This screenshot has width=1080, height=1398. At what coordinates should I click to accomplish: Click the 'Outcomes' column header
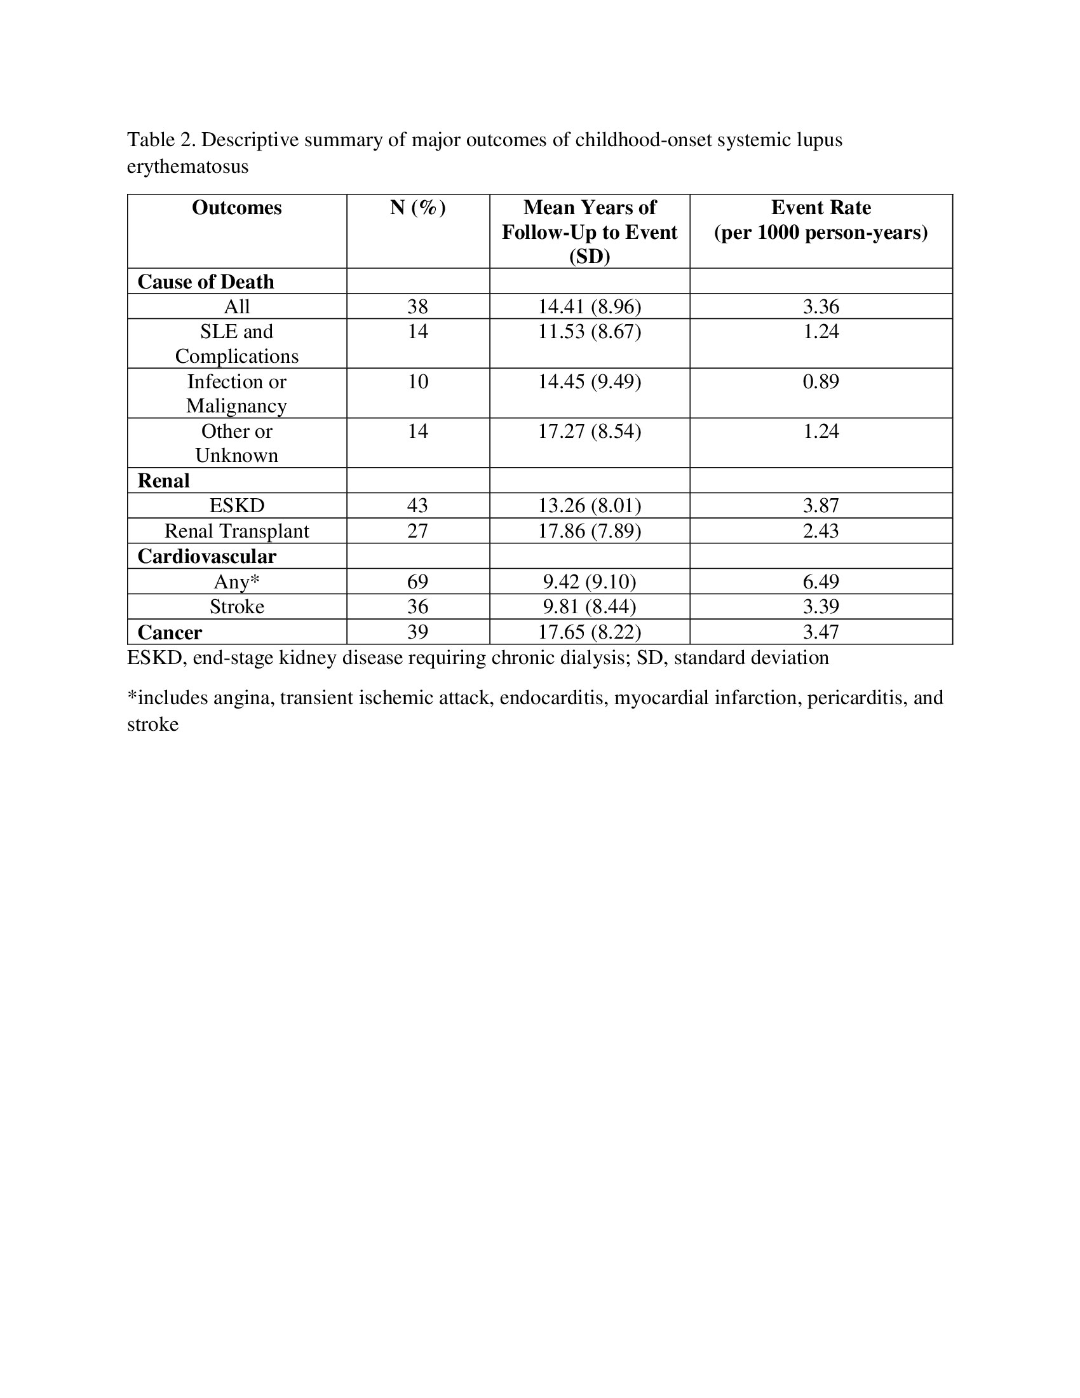[x=236, y=208]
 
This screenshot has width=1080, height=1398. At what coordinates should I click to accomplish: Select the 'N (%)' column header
[x=417, y=208]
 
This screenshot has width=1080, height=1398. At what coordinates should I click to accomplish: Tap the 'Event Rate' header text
[x=820, y=208]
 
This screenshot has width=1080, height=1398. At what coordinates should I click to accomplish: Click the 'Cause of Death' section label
[x=205, y=282]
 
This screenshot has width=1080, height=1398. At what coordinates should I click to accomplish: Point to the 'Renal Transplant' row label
[x=236, y=531]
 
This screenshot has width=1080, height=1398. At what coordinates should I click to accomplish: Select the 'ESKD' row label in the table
[x=236, y=506]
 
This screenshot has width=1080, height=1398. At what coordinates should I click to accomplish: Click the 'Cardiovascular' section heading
[x=206, y=556]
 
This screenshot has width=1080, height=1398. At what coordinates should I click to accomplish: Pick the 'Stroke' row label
[x=236, y=606]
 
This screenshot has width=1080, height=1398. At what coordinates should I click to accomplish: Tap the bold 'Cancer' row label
[x=170, y=632]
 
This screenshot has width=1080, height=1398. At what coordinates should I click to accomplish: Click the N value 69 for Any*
[x=417, y=581]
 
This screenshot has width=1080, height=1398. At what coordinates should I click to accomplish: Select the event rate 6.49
[x=820, y=581]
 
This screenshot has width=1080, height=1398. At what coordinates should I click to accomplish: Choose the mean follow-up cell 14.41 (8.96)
[x=589, y=307]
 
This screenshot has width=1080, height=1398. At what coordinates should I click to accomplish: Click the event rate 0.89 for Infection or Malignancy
[x=820, y=381]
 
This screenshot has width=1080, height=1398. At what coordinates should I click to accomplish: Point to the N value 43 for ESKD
[x=417, y=506]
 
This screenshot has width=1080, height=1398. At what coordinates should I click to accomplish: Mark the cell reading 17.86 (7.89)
[x=589, y=531]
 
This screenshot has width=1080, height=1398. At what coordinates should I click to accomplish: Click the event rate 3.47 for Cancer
[x=820, y=632]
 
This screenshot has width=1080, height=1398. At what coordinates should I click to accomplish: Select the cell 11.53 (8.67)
[x=589, y=332]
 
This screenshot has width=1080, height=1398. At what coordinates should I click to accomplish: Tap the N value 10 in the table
[x=417, y=381]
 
